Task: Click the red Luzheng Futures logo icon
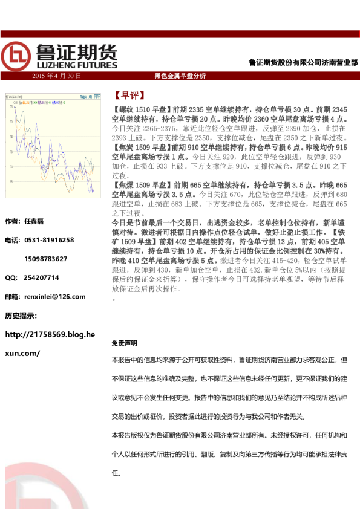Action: [x=16, y=56]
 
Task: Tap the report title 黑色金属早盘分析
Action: [x=180, y=76]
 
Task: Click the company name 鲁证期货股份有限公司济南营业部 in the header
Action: [x=303, y=62]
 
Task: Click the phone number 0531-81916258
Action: [x=49, y=240]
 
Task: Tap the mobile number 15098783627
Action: [x=46, y=259]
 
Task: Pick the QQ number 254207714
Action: [x=42, y=277]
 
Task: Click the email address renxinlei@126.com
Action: [x=54, y=296]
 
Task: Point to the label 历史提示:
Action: [x=21, y=315]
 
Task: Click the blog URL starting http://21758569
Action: [x=50, y=334]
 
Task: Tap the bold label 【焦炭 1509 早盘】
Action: [x=142, y=148]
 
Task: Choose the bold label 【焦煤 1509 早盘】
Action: [x=142, y=184]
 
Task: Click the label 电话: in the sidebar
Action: [x=11, y=240]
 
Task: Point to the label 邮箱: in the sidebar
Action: [x=11, y=296]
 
